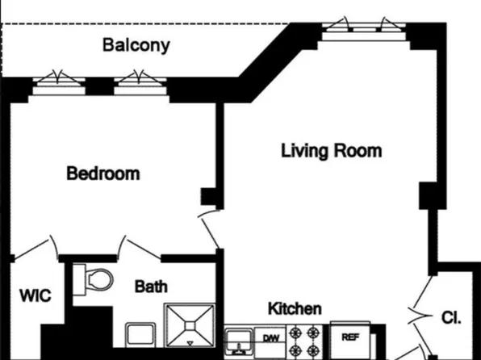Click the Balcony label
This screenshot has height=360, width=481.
pyautogui.click(x=136, y=44)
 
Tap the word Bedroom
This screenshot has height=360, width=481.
pyautogui.click(x=102, y=174)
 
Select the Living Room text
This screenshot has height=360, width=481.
pyautogui.click(x=331, y=151)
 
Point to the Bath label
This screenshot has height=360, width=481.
pyautogui.click(x=151, y=286)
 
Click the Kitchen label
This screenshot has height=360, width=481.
pyautogui.click(x=295, y=308)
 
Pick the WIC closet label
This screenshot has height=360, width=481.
pyautogui.click(x=35, y=296)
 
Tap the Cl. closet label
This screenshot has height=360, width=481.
pyautogui.click(x=451, y=316)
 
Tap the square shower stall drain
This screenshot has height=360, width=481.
pyautogui.click(x=191, y=325)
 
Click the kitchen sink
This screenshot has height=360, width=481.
pyautogui.click(x=238, y=341)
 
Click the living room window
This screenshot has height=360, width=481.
pyautogui.click(x=362, y=28)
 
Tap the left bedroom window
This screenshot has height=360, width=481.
pyautogui.click(x=58, y=81)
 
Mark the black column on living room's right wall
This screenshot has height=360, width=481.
pyautogui.click(x=429, y=195)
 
